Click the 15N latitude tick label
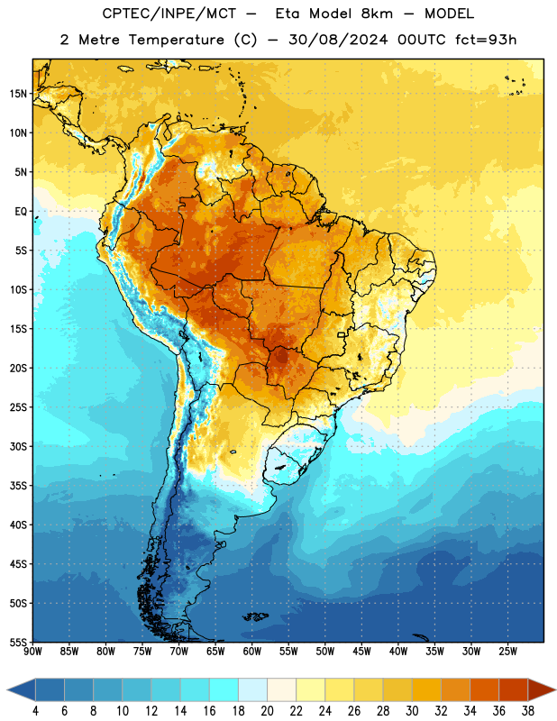(18, 94)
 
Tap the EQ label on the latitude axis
(21, 212)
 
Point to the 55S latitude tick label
(18, 642)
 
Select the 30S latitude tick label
(18, 446)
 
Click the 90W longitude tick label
(33, 652)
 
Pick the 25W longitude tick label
(507, 652)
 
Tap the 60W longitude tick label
(252, 652)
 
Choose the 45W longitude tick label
(361, 652)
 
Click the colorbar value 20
(267, 711)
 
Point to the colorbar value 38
(527, 711)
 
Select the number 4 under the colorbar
(35, 711)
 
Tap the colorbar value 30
(412, 711)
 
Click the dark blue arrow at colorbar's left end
(22, 689)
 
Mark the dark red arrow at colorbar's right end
(542, 689)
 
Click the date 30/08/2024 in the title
(338, 40)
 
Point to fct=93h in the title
(486, 40)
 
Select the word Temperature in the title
(176, 40)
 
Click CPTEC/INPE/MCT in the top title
(169, 14)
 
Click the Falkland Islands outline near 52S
(255, 616)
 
